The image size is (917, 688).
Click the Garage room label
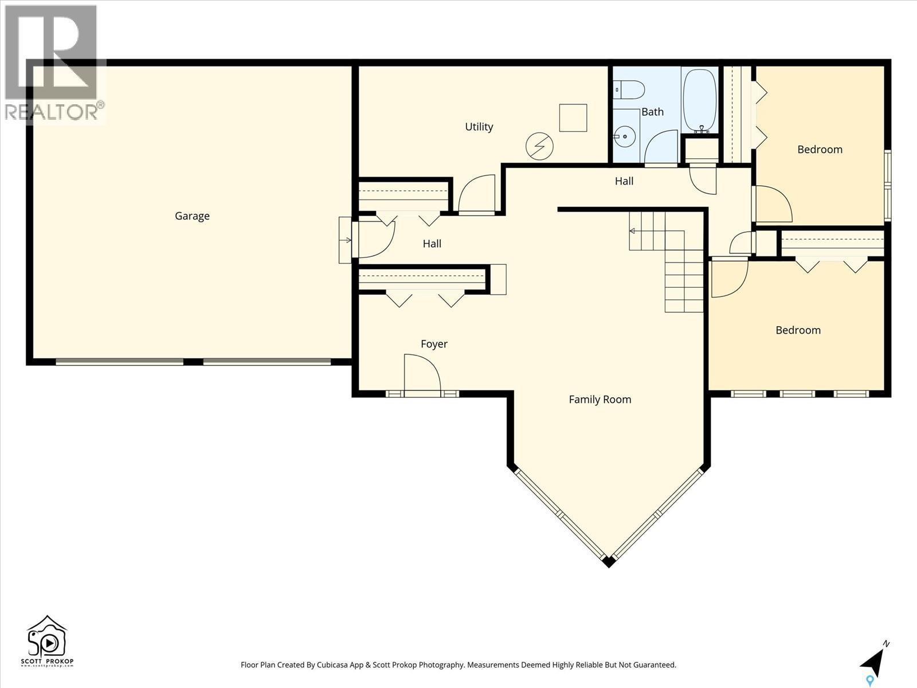point(192,216)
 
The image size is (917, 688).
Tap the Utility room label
point(479,127)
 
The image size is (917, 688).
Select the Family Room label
point(599,400)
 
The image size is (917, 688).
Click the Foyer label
point(434,344)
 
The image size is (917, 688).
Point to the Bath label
point(652,112)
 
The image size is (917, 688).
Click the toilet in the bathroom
point(630,90)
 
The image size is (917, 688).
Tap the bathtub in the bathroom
point(700,100)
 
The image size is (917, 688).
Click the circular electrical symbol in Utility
point(539,147)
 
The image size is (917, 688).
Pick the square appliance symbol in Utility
point(573,118)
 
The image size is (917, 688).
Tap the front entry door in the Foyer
point(422,376)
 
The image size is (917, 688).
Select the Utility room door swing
point(477,194)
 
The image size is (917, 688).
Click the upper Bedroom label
point(820,150)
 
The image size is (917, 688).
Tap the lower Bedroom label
point(798,330)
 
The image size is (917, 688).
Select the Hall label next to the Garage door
point(432,244)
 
